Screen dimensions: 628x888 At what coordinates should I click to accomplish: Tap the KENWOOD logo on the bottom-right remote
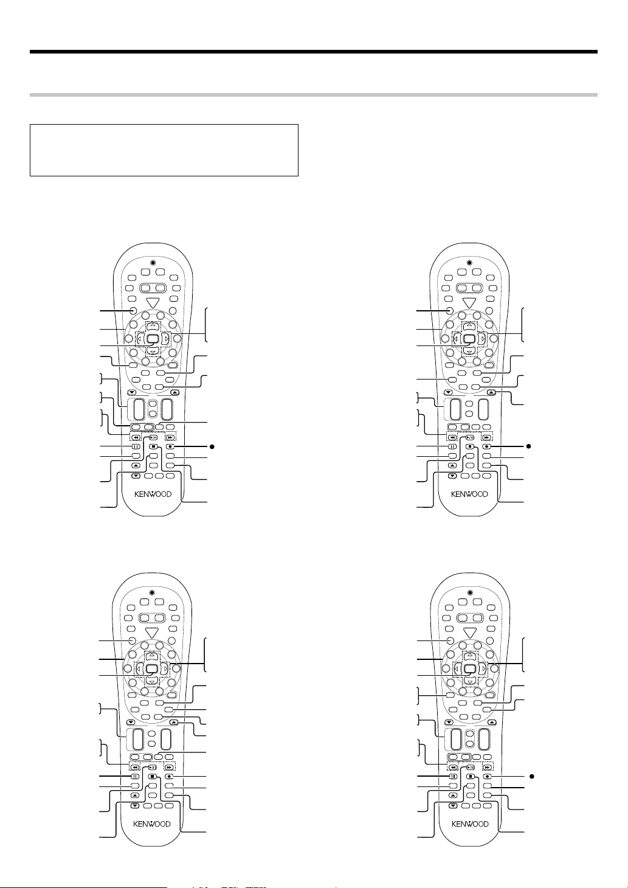click(469, 824)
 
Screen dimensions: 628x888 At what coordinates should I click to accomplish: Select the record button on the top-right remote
click(488, 446)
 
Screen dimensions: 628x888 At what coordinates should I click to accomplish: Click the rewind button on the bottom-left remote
click(135, 768)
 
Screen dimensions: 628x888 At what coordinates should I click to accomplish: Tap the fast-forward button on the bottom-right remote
click(487, 768)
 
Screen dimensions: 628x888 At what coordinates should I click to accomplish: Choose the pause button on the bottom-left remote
click(135, 777)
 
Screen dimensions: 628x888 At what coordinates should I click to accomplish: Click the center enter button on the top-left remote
click(153, 338)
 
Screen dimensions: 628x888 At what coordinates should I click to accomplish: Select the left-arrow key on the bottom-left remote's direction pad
click(140, 668)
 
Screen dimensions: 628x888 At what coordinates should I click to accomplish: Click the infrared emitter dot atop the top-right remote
click(469, 263)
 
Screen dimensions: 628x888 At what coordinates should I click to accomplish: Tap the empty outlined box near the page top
click(164, 150)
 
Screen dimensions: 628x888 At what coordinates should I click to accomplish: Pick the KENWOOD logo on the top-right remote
click(469, 494)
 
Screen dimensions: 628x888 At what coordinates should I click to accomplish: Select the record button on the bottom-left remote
click(170, 777)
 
